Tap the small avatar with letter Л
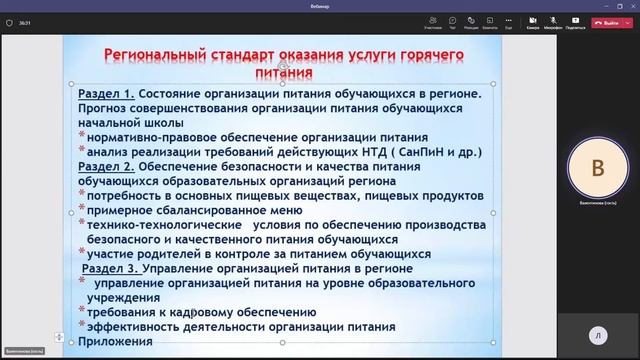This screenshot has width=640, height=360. pyautogui.click(x=597, y=337)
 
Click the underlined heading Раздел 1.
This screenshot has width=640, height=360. pyautogui.click(x=106, y=93)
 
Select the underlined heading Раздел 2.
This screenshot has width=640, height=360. pyautogui.click(x=106, y=166)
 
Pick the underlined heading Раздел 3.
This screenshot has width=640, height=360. pyautogui.click(x=111, y=269)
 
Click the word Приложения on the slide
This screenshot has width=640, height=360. pyautogui.click(x=115, y=342)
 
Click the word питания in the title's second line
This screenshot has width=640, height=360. pyautogui.click(x=282, y=73)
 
